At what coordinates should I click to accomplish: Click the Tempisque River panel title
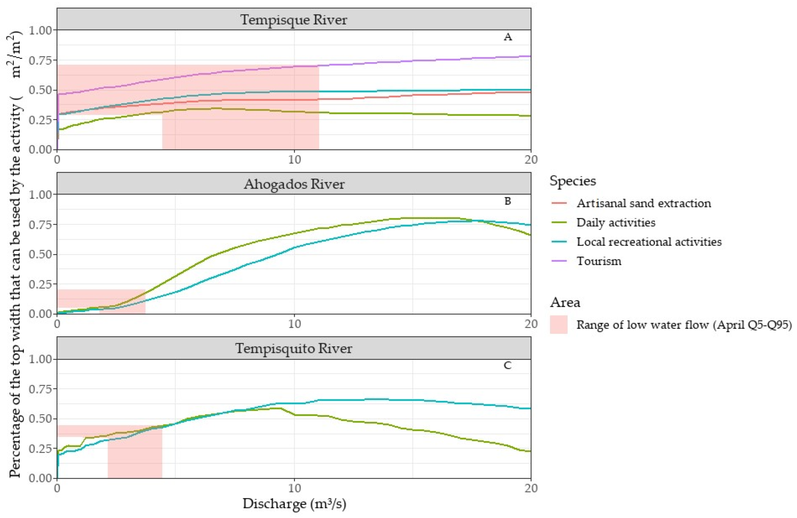(x=294, y=20)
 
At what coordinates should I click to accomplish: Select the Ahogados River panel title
(x=294, y=184)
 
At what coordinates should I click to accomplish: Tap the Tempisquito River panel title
(x=294, y=348)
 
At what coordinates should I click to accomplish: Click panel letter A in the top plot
(x=508, y=37)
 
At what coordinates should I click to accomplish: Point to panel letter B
(x=508, y=201)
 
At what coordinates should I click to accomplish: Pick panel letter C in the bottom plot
(x=508, y=365)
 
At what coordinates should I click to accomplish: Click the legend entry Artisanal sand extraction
(x=643, y=203)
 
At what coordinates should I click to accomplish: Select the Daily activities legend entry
(x=616, y=222)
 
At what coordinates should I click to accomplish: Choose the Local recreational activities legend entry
(x=649, y=242)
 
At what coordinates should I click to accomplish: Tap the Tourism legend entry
(x=599, y=261)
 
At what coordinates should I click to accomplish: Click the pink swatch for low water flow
(x=559, y=324)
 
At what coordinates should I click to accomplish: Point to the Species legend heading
(x=573, y=181)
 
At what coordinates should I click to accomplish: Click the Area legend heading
(x=565, y=302)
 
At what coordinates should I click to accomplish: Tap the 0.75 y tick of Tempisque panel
(x=41, y=60)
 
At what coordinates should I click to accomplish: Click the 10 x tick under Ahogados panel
(x=294, y=324)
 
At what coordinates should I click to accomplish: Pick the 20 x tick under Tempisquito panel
(x=531, y=488)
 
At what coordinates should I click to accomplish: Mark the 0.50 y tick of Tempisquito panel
(x=41, y=419)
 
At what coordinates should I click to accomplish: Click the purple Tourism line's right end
(x=530, y=56)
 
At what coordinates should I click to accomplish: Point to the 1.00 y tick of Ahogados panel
(x=41, y=194)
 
